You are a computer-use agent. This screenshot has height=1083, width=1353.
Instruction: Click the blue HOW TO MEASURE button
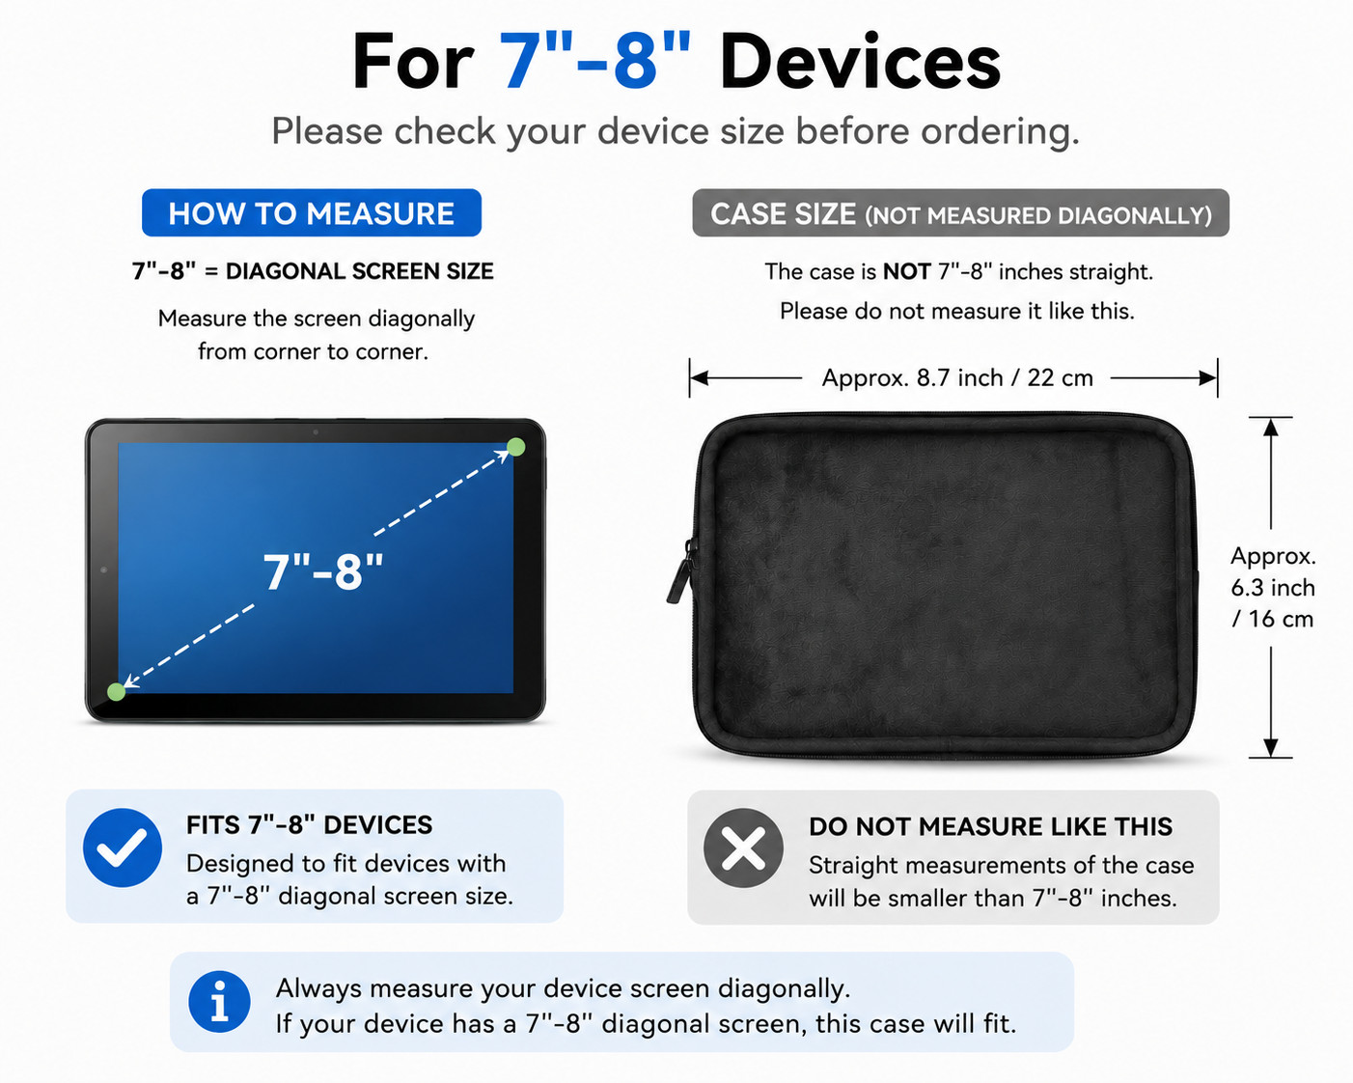(311, 212)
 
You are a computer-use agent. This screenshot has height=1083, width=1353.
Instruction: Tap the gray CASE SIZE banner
(960, 212)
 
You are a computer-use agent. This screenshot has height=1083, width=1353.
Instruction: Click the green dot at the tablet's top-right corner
(515, 447)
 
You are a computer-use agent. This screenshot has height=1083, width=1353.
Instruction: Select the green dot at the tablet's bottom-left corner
(117, 692)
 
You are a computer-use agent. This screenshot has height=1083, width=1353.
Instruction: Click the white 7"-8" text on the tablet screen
(323, 572)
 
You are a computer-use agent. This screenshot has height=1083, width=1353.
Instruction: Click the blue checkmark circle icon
(122, 847)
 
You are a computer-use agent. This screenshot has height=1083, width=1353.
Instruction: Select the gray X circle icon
(743, 847)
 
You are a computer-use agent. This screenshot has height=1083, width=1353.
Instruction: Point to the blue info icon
(219, 1002)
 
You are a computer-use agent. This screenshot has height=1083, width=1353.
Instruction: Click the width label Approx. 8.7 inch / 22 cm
(957, 378)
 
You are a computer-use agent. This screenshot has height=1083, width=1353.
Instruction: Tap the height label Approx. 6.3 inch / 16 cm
(1273, 588)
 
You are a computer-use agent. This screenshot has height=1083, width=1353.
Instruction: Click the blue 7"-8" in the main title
(594, 62)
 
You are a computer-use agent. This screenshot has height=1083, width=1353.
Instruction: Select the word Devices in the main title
(860, 62)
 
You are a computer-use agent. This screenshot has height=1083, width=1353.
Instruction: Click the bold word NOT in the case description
(906, 271)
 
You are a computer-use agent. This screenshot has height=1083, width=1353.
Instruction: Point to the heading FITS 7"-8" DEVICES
(310, 825)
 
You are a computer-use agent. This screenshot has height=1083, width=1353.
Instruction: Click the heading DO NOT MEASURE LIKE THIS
(990, 826)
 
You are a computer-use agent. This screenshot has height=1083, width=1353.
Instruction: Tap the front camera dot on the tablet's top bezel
(316, 432)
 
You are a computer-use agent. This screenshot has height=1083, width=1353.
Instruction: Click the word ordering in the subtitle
(999, 131)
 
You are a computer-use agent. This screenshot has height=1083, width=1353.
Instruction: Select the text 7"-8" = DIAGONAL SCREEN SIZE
(313, 271)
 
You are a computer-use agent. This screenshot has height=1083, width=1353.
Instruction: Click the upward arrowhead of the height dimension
(1271, 427)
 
